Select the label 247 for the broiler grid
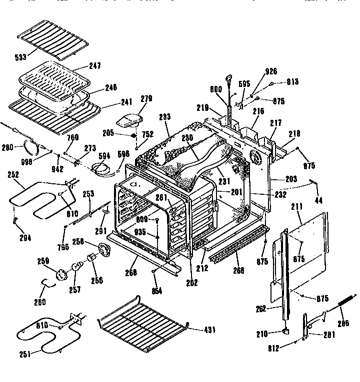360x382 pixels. pyautogui.click(x=95, y=66)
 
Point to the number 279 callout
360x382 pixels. pyautogui.click(x=132, y=99)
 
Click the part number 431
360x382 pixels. pyautogui.click(x=210, y=330)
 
